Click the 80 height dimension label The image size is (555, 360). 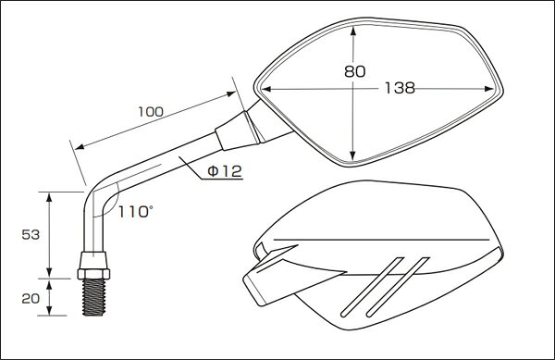pos(354,71)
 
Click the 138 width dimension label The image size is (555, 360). pos(400,88)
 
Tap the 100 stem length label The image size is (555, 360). pos(151,112)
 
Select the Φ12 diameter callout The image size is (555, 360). pos(225,172)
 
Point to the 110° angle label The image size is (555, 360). pos(136,212)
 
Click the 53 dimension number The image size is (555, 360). pos(31,234)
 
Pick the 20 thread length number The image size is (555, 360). pos(31,298)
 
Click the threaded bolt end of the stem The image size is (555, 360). pos(93,297)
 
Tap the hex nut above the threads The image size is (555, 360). pos(93,274)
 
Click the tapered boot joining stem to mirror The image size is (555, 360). pos(237,130)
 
